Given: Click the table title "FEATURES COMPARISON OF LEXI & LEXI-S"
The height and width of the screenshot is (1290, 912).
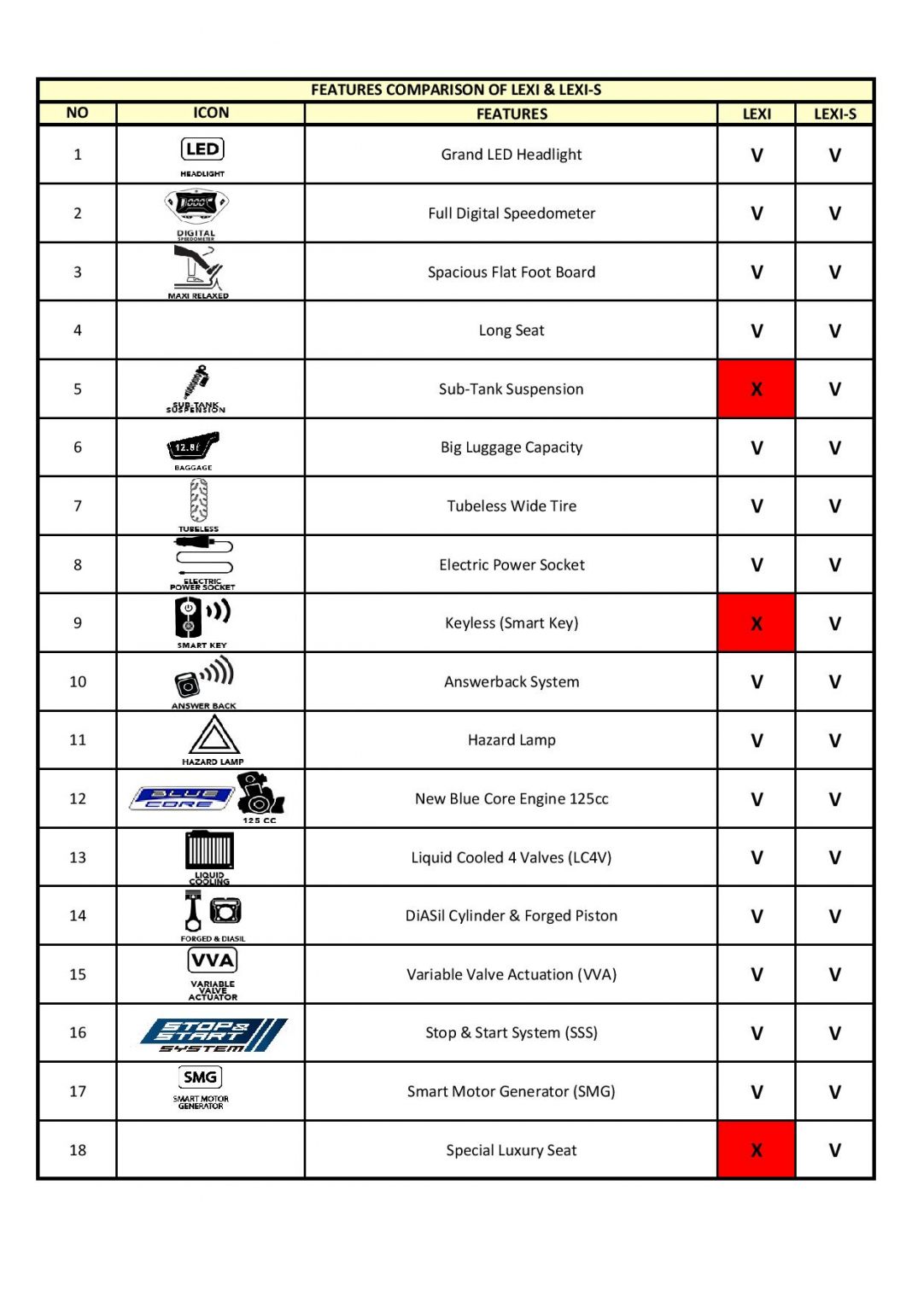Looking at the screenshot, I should point(456,90).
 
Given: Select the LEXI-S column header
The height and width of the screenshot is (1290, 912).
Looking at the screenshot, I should point(834,114).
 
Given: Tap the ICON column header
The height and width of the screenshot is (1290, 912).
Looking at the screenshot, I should point(211,113).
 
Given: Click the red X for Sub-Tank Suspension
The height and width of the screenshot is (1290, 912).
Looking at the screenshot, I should point(757,389).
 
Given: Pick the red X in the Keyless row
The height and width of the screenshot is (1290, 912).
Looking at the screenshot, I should point(757,623).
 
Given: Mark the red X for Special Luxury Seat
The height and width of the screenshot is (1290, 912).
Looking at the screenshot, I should point(757,1150).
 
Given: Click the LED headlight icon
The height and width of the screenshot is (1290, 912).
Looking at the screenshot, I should point(202,149).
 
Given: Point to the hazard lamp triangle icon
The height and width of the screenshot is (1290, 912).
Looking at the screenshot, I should point(213,735).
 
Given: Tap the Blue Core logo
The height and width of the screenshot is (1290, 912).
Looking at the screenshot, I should point(181,798).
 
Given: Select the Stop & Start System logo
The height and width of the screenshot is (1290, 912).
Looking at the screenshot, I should point(213,1034).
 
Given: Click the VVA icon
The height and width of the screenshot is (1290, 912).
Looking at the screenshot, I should point(213,960).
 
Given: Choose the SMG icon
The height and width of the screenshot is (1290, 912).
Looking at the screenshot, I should point(201,1077).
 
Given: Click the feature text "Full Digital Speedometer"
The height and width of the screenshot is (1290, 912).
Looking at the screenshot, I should point(512,213).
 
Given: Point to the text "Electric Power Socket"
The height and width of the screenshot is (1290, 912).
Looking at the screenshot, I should point(512,565).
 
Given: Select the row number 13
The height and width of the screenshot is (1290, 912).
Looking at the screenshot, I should point(78,857).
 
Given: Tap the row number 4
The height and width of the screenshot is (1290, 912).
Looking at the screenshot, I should point(78,330).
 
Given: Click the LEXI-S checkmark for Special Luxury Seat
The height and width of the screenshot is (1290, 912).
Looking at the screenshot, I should point(834,1150).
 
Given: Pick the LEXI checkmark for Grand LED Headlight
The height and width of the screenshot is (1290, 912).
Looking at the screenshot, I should point(757,155).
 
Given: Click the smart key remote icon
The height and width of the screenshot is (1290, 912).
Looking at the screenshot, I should point(189,616).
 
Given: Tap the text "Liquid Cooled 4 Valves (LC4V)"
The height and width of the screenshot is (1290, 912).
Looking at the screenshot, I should point(512,857).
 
